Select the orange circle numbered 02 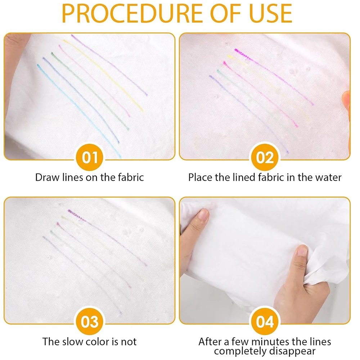click(x=265, y=158)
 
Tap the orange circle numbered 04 click(x=265, y=321)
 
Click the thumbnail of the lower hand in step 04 click(x=302, y=251)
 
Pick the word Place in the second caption click(x=200, y=177)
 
